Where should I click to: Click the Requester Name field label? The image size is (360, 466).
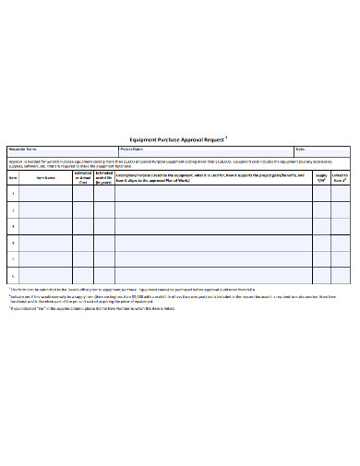click(x=23, y=149)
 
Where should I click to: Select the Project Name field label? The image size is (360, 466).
click(x=133, y=149)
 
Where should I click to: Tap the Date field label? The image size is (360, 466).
click(x=300, y=149)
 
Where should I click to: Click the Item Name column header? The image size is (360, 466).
click(x=46, y=179)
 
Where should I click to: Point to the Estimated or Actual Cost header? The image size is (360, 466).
click(x=81, y=178)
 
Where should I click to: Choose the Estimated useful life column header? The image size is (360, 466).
click(x=103, y=178)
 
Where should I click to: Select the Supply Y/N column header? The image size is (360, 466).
click(x=321, y=178)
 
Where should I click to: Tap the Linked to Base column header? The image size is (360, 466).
click(x=341, y=178)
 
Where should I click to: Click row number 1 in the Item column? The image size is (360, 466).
click(x=13, y=194)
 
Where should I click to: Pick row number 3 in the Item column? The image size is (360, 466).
click(x=13, y=226)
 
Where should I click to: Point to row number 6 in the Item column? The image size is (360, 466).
click(x=13, y=275)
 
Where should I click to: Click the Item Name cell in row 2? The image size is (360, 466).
click(x=46, y=209)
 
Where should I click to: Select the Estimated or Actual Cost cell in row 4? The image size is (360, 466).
click(x=81, y=243)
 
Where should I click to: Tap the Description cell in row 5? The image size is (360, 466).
click(x=212, y=259)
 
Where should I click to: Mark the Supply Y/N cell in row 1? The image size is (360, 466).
click(x=321, y=194)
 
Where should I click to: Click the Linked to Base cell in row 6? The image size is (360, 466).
click(x=341, y=275)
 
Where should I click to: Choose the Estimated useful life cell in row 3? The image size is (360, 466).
click(x=103, y=226)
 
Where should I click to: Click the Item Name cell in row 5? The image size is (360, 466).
click(x=46, y=259)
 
